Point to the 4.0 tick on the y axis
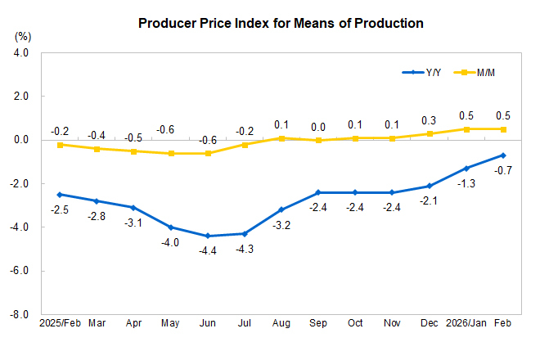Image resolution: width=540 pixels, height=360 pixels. coord(20,52)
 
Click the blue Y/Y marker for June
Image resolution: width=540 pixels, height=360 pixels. coord(208,236)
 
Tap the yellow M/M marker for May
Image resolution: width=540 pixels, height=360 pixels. coord(171,153)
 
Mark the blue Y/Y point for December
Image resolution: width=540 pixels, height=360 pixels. coord(430,186)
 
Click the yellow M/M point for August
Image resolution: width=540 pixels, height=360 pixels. coord(281,138)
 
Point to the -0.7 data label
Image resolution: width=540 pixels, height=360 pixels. coord(504,170)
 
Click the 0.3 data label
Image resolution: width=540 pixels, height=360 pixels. coord(429,119)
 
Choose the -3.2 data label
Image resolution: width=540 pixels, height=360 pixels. coord(281,223)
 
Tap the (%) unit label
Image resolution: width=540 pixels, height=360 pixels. coord(23,37)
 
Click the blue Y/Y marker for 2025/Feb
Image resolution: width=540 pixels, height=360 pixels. coord(60,195)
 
